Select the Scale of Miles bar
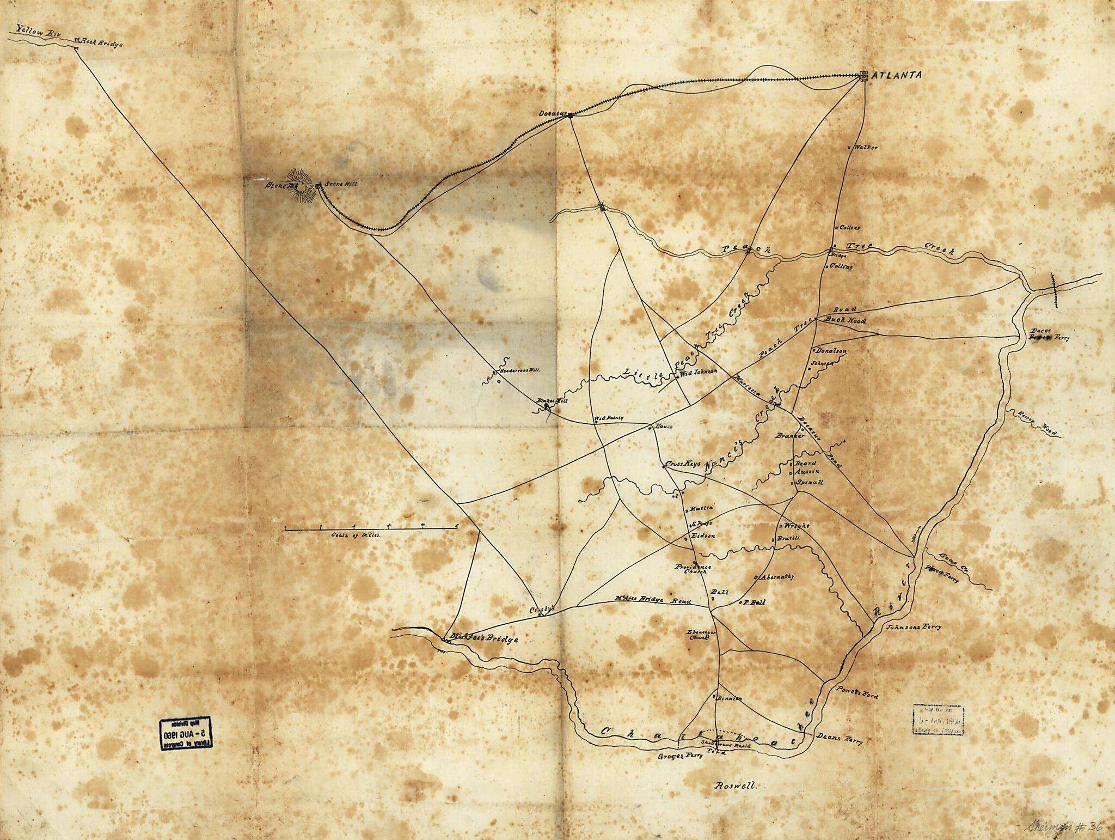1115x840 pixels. coord(371,528)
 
